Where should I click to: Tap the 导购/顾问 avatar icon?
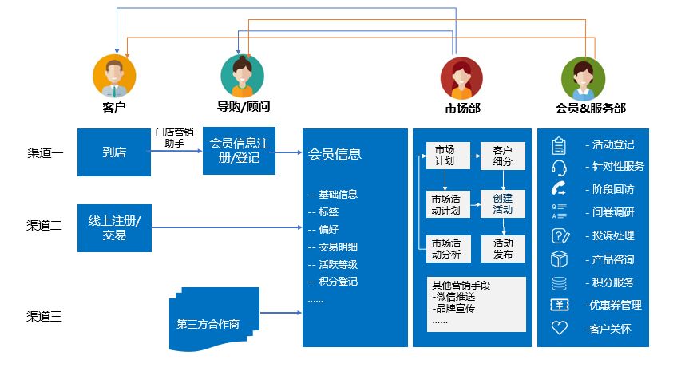click(242, 76)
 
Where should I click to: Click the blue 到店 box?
click(114, 152)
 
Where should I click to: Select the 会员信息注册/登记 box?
click(240, 151)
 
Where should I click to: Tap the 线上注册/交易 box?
click(114, 228)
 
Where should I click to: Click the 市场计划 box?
click(445, 156)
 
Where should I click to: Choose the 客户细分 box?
click(502, 156)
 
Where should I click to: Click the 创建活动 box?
click(502, 204)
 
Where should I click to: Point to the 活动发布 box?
click(502, 249)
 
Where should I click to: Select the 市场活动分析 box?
click(445, 249)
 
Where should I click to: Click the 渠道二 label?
click(45, 226)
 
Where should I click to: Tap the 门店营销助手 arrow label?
click(174, 138)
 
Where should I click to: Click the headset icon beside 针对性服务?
click(559, 168)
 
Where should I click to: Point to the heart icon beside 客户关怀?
click(559, 328)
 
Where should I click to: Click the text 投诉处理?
click(612, 236)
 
